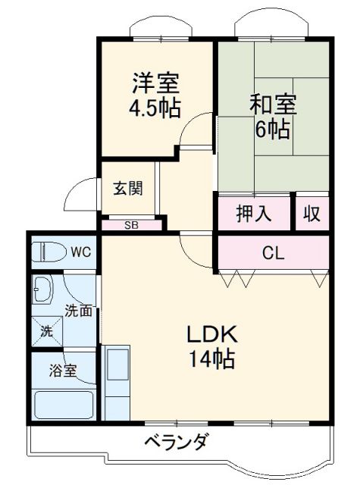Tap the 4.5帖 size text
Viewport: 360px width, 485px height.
[155, 107]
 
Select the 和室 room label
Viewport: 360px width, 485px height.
[272, 103]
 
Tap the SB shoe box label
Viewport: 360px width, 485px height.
[132, 224]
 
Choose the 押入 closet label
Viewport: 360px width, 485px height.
[254, 214]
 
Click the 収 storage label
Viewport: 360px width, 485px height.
[312, 214]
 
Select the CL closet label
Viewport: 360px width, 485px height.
[273, 253]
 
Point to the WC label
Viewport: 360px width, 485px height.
[81, 252]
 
